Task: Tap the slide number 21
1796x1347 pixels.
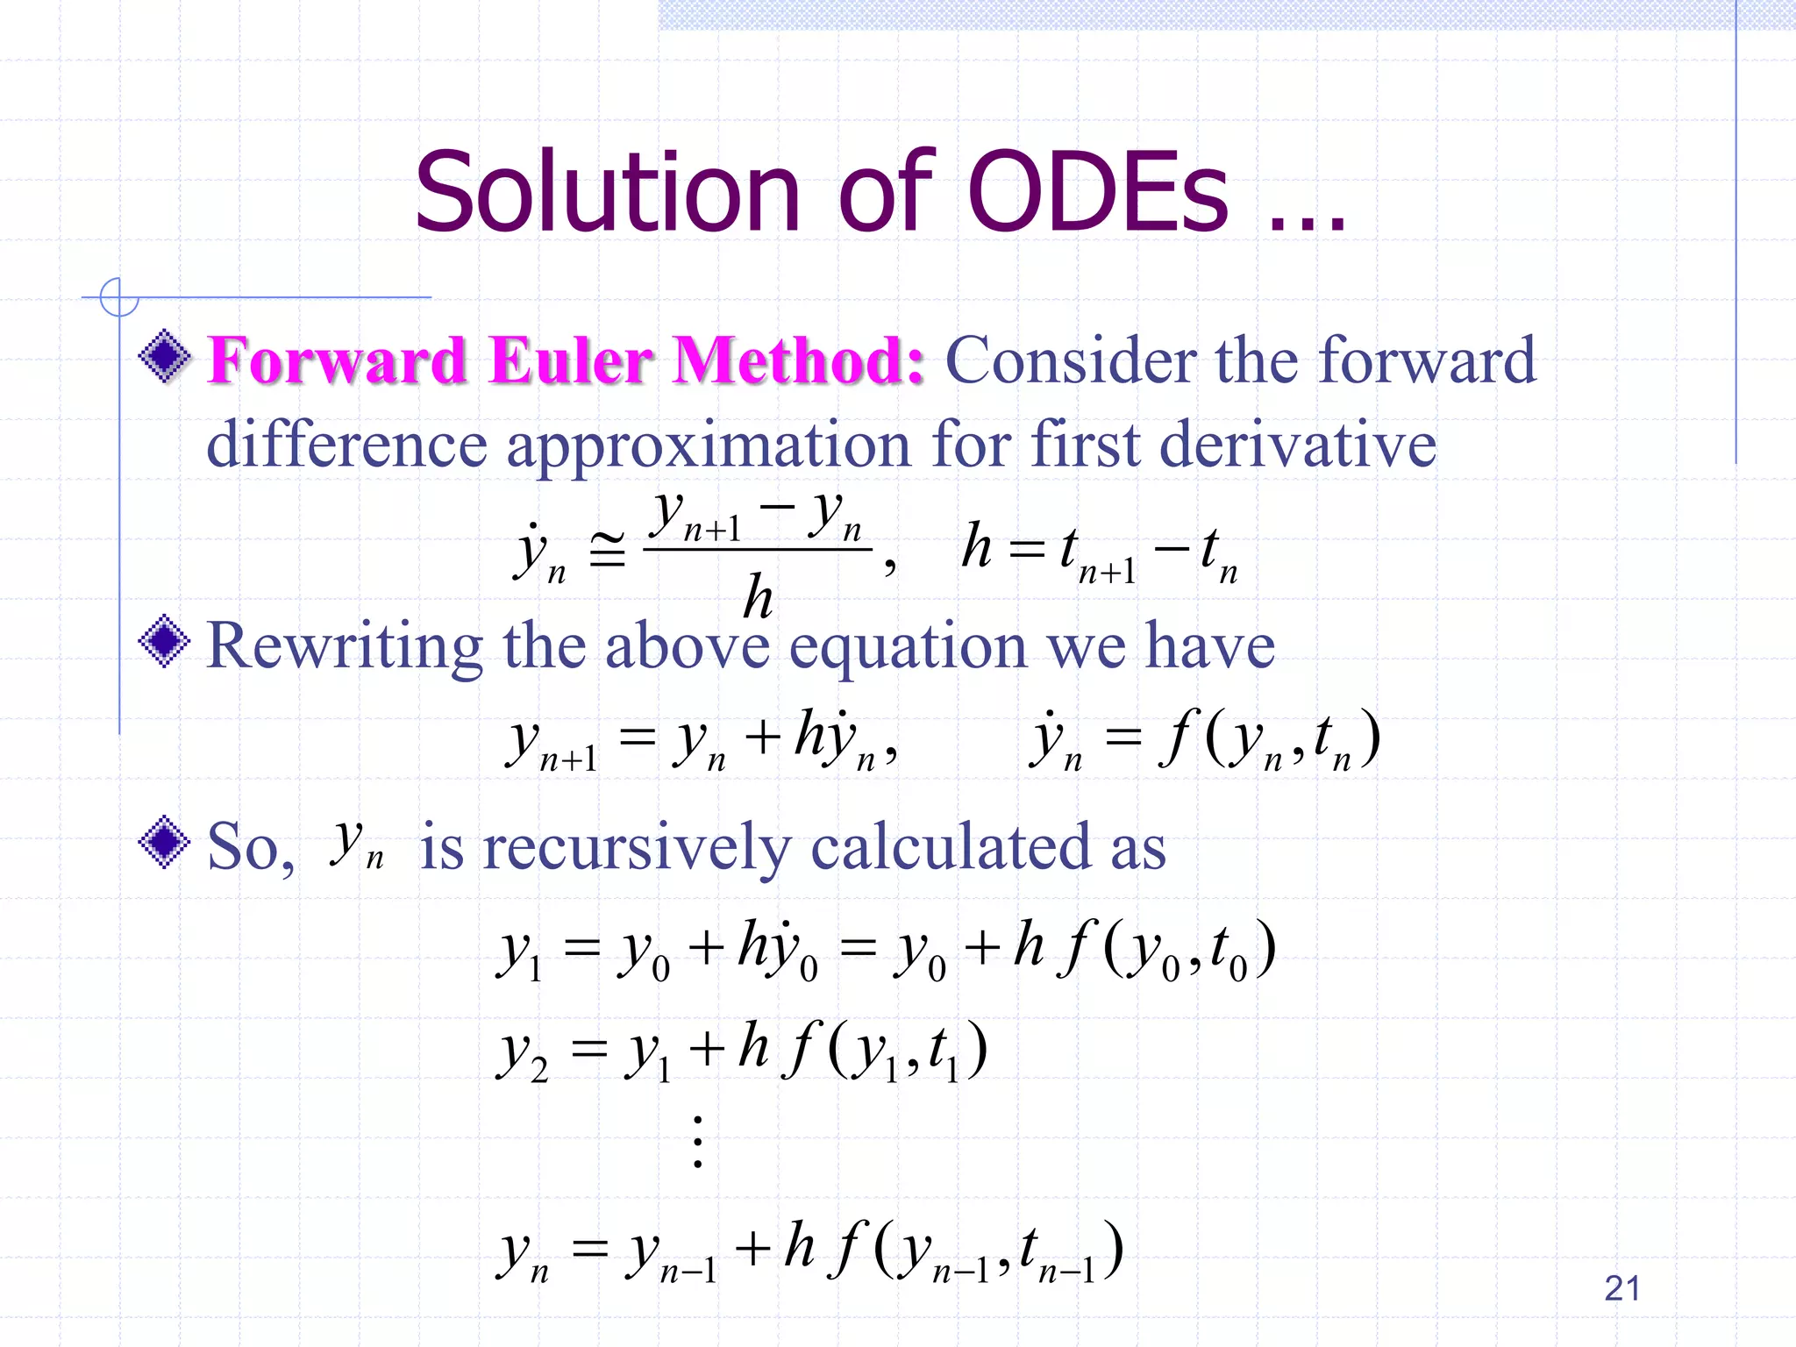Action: (x=1621, y=1288)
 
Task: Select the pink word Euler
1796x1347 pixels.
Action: (x=570, y=360)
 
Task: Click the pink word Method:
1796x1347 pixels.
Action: (x=798, y=360)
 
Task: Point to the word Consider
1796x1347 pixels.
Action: (x=1071, y=360)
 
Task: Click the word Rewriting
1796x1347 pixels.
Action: (x=344, y=646)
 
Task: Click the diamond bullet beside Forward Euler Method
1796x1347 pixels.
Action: (x=165, y=356)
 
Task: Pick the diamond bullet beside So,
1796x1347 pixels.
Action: (x=165, y=842)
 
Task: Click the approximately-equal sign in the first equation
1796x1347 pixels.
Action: (x=607, y=550)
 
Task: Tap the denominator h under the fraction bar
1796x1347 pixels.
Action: (x=758, y=597)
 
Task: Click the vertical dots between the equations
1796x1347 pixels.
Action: (x=698, y=1142)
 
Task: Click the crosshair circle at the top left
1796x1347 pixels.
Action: (x=118, y=297)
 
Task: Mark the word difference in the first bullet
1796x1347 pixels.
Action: (x=346, y=444)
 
